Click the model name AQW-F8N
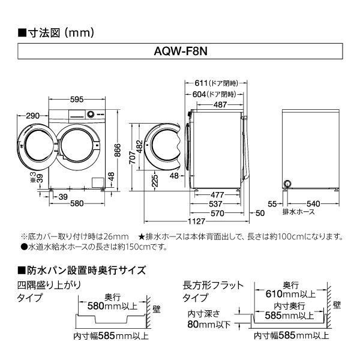180,53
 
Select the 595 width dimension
75,99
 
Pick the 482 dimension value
139,146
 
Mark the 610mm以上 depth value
290,295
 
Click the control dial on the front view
90,113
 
